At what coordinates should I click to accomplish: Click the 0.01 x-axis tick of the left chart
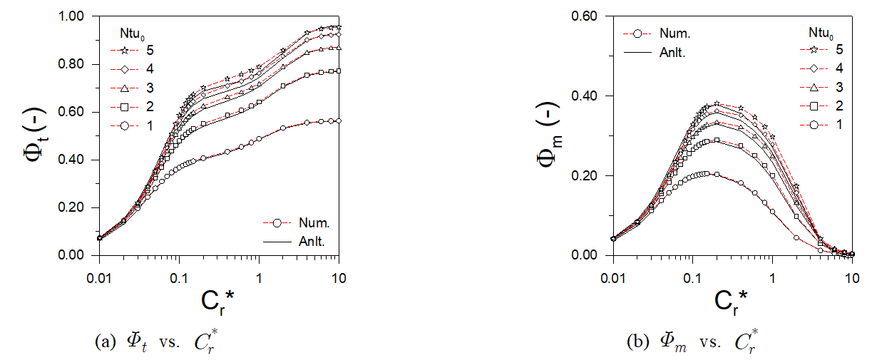tap(99, 269)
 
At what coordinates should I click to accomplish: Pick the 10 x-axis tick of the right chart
tap(852, 269)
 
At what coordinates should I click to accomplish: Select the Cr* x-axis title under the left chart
tap(217, 301)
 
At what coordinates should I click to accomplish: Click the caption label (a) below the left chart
tap(106, 341)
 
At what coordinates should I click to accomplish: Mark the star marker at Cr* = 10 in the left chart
tap(339, 27)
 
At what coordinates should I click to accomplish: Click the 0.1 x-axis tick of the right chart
tap(692, 269)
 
